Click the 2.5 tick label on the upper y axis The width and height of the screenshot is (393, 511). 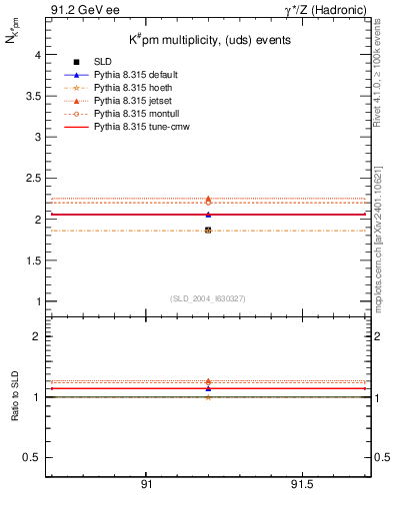pos(36,179)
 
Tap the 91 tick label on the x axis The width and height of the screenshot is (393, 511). pos(146,485)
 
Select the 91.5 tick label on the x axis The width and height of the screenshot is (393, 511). pos(301,485)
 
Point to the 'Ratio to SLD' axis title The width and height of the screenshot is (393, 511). pos(17,396)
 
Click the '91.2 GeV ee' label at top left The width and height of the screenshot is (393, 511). pos(76,10)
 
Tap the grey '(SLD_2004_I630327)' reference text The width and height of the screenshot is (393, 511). pos(208,298)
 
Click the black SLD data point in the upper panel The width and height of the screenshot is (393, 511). pos(208,231)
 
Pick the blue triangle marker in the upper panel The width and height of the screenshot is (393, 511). pos(208,214)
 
